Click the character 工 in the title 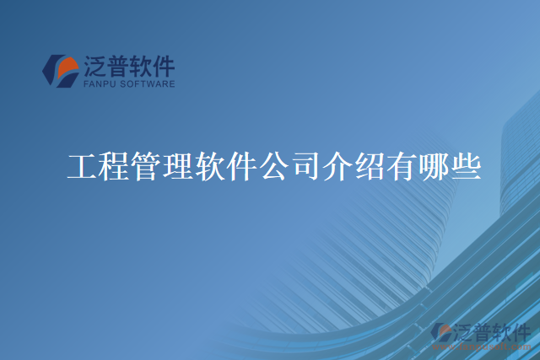pyautogui.click(x=83, y=166)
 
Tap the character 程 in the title pyautogui.click(x=115, y=166)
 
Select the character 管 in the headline pyautogui.click(x=147, y=166)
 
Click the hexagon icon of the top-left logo pyautogui.click(x=61, y=72)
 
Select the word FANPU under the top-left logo pyautogui.click(x=101, y=84)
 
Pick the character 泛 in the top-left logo pyautogui.click(x=94, y=66)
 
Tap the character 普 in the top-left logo pyautogui.click(x=117, y=66)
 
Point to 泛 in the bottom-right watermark pyautogui.click(x=462, y=332)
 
